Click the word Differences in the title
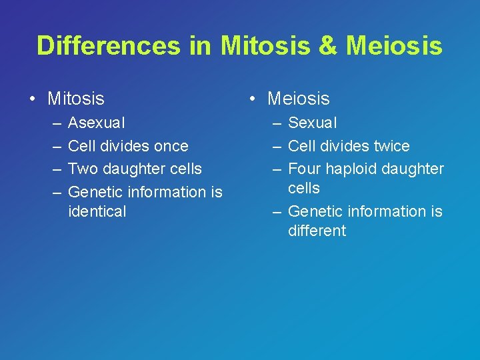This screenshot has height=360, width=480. (x=108, y=45)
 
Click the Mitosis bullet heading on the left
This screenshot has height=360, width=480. (x=76, y=99)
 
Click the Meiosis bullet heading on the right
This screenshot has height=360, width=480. (x=298, y=99)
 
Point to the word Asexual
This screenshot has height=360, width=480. (x=96, y=123)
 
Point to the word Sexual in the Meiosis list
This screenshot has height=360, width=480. (x=312, y=123)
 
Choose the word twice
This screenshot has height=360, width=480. (x=391, y=146)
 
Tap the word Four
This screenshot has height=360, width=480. (x=303, y=169)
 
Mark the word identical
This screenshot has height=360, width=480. (x=97, y=211)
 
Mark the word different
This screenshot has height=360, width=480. (x=317, y=231)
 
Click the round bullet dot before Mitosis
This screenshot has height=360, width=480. (x=32, y=99)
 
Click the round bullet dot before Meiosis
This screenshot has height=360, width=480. (x=252, y=99)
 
